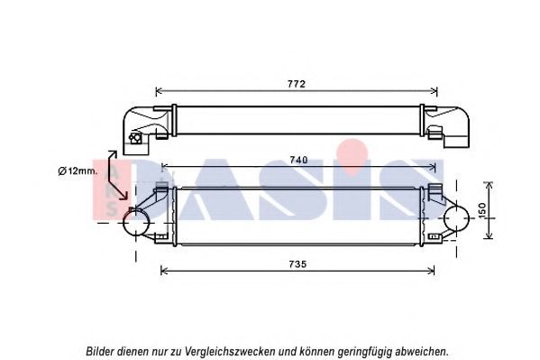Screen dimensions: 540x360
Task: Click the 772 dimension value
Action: (x=297, y=84)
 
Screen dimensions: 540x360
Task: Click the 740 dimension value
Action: (x=298, y=160)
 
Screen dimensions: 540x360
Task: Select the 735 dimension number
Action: (x=297, y=264)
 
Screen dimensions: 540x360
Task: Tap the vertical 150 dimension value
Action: (x=482, y=210)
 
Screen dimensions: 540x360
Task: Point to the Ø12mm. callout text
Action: (x=78, y=171)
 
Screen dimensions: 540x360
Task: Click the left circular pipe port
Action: (x=136, y=223)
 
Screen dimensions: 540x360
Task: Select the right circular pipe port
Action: (x=457, y=218)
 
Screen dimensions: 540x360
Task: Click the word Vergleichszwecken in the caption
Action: (x=230, y=352)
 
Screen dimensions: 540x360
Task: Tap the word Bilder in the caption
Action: (x=100, y=351)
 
